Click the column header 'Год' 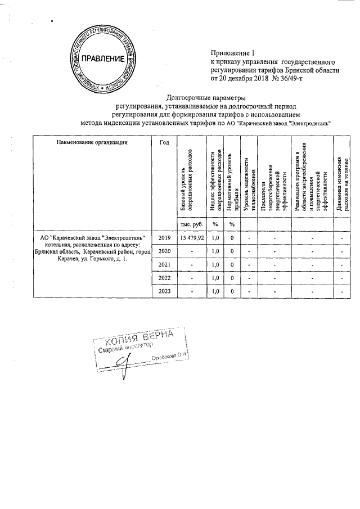[x=164, y=142]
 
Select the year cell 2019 [x=164, y=237]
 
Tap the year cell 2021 [x=164, y=264]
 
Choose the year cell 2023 [x=164, y=291]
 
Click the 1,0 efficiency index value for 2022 [x=214, y=278]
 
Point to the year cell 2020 [x=164, y=251]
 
